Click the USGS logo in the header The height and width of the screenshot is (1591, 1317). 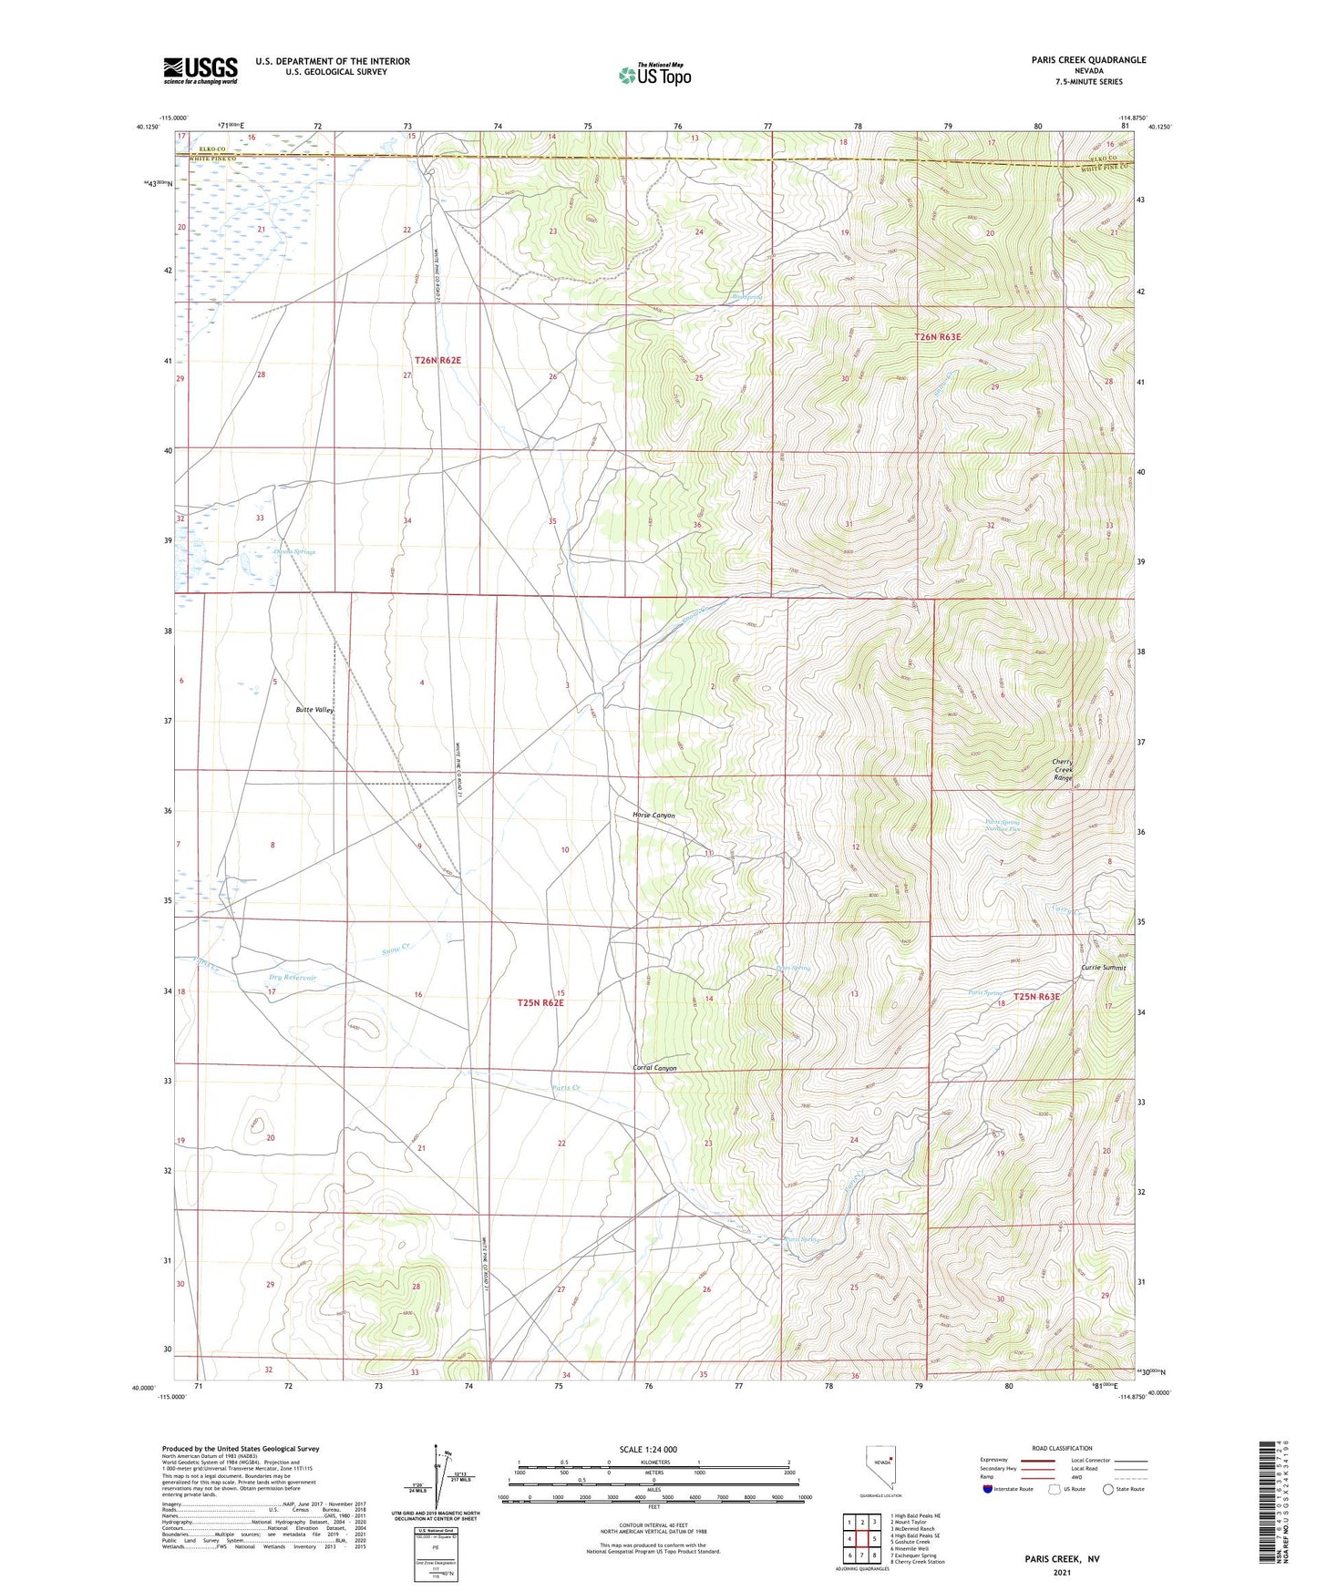[201, 69]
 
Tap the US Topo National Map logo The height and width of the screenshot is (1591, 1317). [653, 74]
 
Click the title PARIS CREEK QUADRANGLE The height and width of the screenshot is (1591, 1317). [1076, 60]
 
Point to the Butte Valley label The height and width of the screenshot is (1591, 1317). [314, 709]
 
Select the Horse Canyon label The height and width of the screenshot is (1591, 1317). [653, 815]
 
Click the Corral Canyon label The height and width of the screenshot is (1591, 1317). [654, 1067]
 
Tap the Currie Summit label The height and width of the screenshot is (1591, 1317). [1103, 968]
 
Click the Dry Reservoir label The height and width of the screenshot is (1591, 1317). [292, 977]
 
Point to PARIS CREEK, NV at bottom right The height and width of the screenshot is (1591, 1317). [1062, 1559]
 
